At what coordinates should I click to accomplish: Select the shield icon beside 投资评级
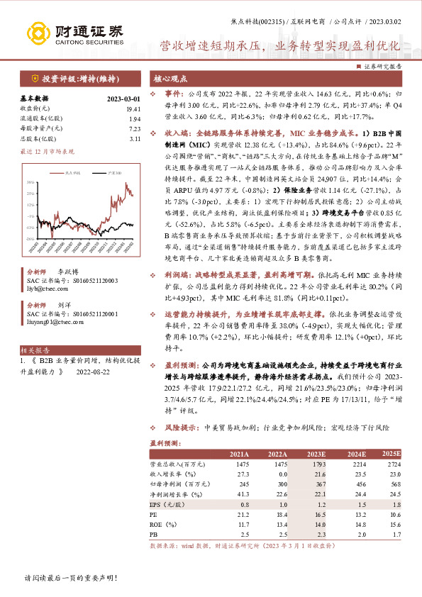pyautogui.click(x=34, y=79)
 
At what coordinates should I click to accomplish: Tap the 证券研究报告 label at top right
pyautogui.click(x=383, y=66)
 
